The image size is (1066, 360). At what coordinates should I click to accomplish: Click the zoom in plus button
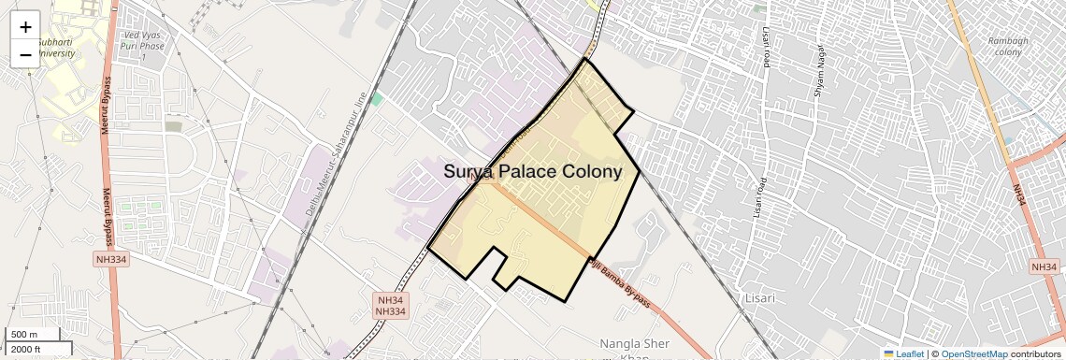point(25,27)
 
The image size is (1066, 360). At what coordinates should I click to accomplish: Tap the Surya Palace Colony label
point(532,172)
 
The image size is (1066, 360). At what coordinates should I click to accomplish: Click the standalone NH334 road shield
point(109,259)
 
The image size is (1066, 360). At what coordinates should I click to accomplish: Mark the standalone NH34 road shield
point(1044,267)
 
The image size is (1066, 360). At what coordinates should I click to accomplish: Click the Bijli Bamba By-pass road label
point(618,283)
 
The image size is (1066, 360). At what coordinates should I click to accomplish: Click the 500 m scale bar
point(25,335)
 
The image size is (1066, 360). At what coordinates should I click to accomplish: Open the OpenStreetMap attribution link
point(973,353)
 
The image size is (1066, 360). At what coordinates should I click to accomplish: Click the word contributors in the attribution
point(1036,353)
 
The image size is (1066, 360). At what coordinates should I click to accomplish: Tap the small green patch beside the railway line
point(377,98)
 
